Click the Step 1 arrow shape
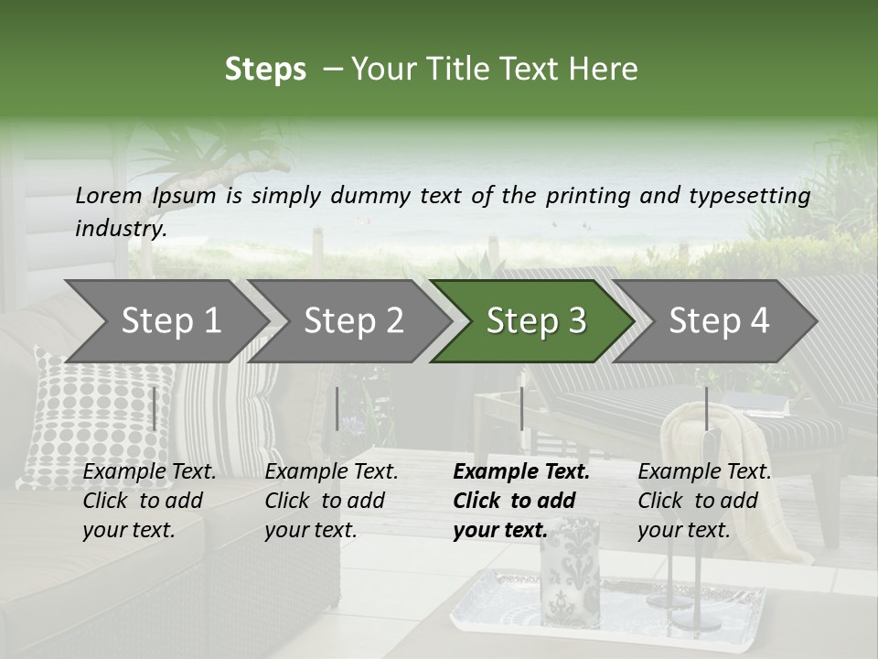169,321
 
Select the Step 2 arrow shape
353,321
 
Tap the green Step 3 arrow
535,321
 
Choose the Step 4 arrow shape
719,321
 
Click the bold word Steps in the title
265,70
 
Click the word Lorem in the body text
109,195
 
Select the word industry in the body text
121,228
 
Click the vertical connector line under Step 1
154,408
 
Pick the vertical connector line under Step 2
337,408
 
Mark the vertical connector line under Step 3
521,408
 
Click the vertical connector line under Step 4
706,408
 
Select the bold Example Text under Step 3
521,472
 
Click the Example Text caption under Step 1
149,472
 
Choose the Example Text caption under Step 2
331,472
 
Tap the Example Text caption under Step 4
704,472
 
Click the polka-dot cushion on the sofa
91,412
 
